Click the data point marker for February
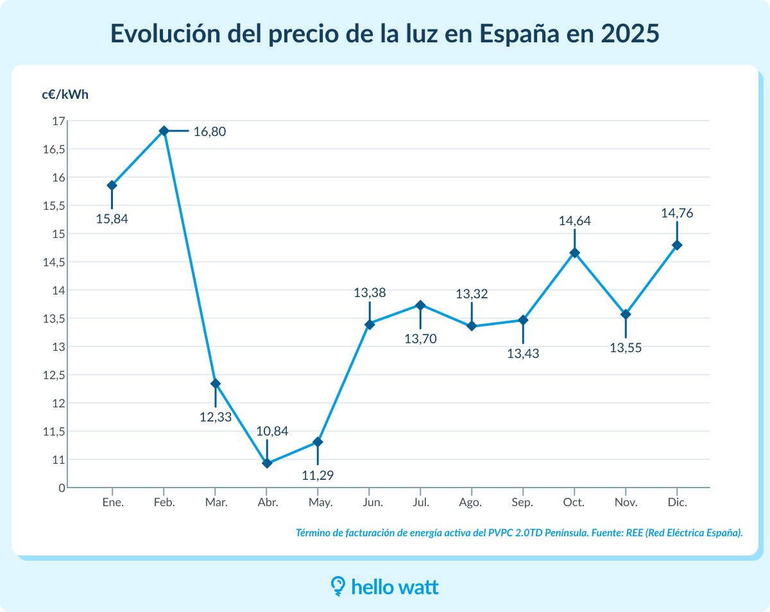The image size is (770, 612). click(164, 131)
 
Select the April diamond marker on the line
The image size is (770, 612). click(267, 463)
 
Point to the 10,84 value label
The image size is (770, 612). click(272, 431)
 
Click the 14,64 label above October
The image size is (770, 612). click(574, 221)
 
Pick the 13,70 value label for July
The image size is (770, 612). click(420, 339)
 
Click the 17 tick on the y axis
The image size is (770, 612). click(58, 121)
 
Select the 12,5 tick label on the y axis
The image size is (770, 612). click(55, 375)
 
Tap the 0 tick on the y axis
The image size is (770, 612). click(62, 488)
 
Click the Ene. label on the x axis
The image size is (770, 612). click(113, 502)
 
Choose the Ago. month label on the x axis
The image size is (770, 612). click(471, 502)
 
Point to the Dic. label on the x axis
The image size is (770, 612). click(677, 502)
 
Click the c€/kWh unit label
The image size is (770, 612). click(65, 94)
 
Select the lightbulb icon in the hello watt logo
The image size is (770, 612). click(338, 586)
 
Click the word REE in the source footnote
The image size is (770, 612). click(635, 533)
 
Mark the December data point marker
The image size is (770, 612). click(677, 245)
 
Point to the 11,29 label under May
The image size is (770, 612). click(318, 475)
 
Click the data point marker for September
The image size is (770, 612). click(523, 320)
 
